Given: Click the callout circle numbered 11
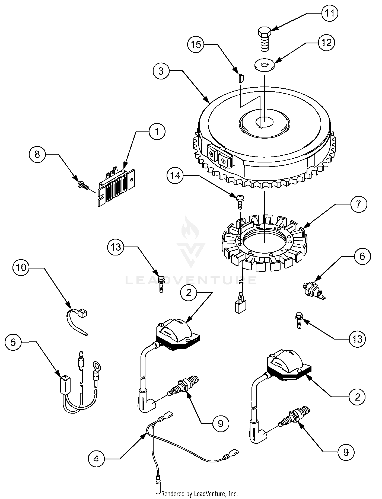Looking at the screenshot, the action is tap(330, 13).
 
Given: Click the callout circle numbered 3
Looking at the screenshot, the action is tap(161, 71).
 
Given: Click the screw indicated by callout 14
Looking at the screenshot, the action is tap(239, 201).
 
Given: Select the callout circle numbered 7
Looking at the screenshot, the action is tap(358, 204).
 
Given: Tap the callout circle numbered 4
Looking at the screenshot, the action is tap(97, 459).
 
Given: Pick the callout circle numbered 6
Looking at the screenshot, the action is tap(362, 256).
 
